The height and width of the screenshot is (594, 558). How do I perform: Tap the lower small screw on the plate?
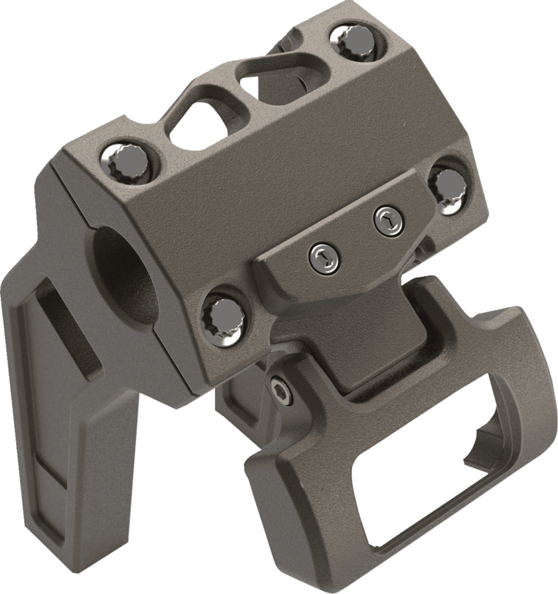pyautogui.click(x=323, y=256)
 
